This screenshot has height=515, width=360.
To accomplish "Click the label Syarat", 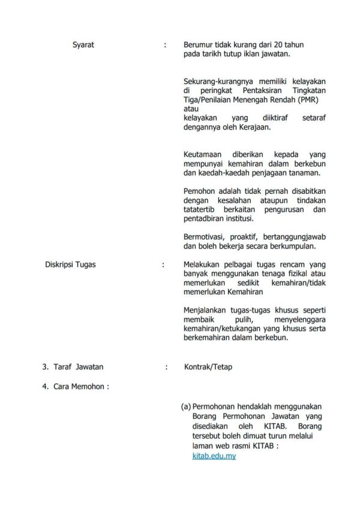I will (83, 45).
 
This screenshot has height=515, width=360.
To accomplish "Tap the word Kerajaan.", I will (254, 127).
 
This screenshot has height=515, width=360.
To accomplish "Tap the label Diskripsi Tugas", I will (71, 264).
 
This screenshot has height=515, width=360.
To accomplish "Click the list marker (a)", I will (186, 407).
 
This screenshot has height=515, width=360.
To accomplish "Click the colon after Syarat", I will (165, 45).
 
